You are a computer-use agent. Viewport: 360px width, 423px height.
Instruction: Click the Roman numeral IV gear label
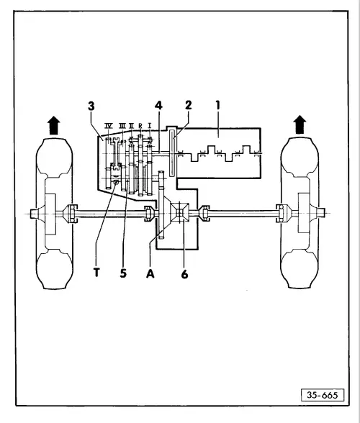coord(109,126)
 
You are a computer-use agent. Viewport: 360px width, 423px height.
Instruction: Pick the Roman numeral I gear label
coord(148,126)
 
